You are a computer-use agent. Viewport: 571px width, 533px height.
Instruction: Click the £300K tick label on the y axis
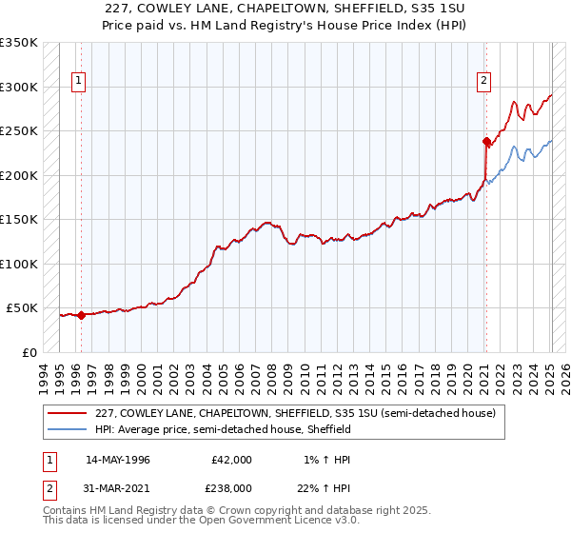(19, 87)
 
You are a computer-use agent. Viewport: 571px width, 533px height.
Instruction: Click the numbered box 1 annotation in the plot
(78, 82)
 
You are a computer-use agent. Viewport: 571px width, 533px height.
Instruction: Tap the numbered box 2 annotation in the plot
(484, 82)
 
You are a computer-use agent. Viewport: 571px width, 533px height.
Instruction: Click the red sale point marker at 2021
(486, 142)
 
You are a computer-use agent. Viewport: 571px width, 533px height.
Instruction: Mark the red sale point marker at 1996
(81, 315)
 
